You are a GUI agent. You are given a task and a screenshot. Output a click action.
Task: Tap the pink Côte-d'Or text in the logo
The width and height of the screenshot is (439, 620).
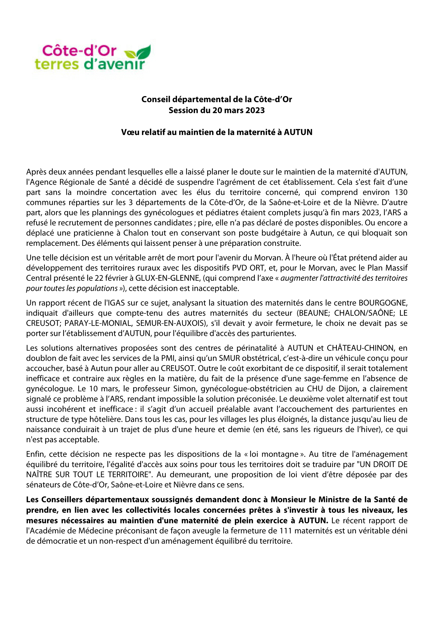[79, 51]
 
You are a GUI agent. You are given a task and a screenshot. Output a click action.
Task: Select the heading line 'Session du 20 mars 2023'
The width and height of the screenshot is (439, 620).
[217, 111]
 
